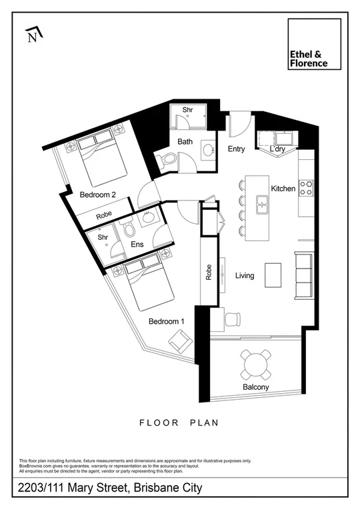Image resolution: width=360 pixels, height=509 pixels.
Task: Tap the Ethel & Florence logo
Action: click(314, 44)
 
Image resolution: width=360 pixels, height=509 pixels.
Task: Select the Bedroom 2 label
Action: click(98, 195)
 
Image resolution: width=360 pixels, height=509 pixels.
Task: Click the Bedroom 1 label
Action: click(166, 321)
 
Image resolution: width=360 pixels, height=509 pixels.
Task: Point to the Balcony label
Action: click(256, 387)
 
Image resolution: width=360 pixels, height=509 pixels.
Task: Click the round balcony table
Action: click(257, 364)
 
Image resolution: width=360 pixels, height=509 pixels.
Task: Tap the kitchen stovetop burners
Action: click(306, 189)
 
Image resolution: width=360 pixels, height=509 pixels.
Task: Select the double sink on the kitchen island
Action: click(262, 203)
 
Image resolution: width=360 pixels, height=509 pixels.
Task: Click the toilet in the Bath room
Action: click(167, 161)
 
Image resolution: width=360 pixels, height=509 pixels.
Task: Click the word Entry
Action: click(237, 149)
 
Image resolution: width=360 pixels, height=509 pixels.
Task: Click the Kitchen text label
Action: click(283, 189)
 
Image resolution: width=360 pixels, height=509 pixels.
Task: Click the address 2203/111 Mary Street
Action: click(110, 488)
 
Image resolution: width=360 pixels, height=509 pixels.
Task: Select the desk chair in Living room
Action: click(231, 319)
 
